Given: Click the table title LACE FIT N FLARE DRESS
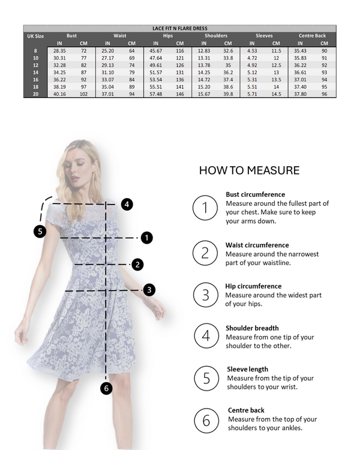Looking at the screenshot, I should (x=179, y=28).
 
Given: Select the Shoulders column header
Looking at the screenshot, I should (x=215, y=35).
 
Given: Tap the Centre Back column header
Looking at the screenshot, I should (x=312, y=35).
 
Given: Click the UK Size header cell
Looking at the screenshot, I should (x=35, y=35).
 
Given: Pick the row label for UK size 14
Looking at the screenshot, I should (x=35, y=72).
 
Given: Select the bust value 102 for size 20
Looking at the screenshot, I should (x=83, y=94).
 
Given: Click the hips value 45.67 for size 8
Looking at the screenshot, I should (x=155, y=50).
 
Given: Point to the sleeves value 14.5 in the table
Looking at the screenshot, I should (x=276, y=94).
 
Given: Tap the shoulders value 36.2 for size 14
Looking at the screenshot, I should (x=228, y=72).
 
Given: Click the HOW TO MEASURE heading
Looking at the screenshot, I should (x=249, y=170).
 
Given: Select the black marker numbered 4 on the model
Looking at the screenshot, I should (x=127, y=204).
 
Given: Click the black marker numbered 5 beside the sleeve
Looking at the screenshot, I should (x=40, y=231).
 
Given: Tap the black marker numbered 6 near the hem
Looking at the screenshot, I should (x=106, y=388).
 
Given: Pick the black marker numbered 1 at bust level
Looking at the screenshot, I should (x=147, y=238).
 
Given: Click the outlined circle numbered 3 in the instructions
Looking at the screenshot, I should (x=205, y=295).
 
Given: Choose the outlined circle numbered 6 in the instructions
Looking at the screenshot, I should (x=206, y=421).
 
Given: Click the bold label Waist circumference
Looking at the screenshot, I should (x=257, y=245).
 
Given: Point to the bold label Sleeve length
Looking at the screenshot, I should (x=247, y=369).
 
